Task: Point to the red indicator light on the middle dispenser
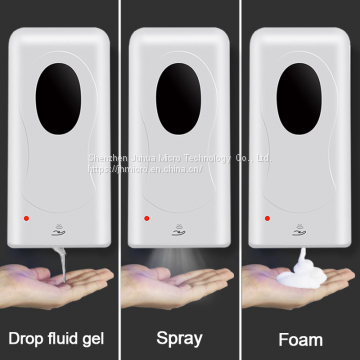pyautogui.click(x=147, y=216)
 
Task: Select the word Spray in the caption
pyautogui.click(x=180, y=337)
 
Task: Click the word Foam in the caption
pyautogui.click(x=299, y=337)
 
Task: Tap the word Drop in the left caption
pyautogui.click(x=27, y=337)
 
